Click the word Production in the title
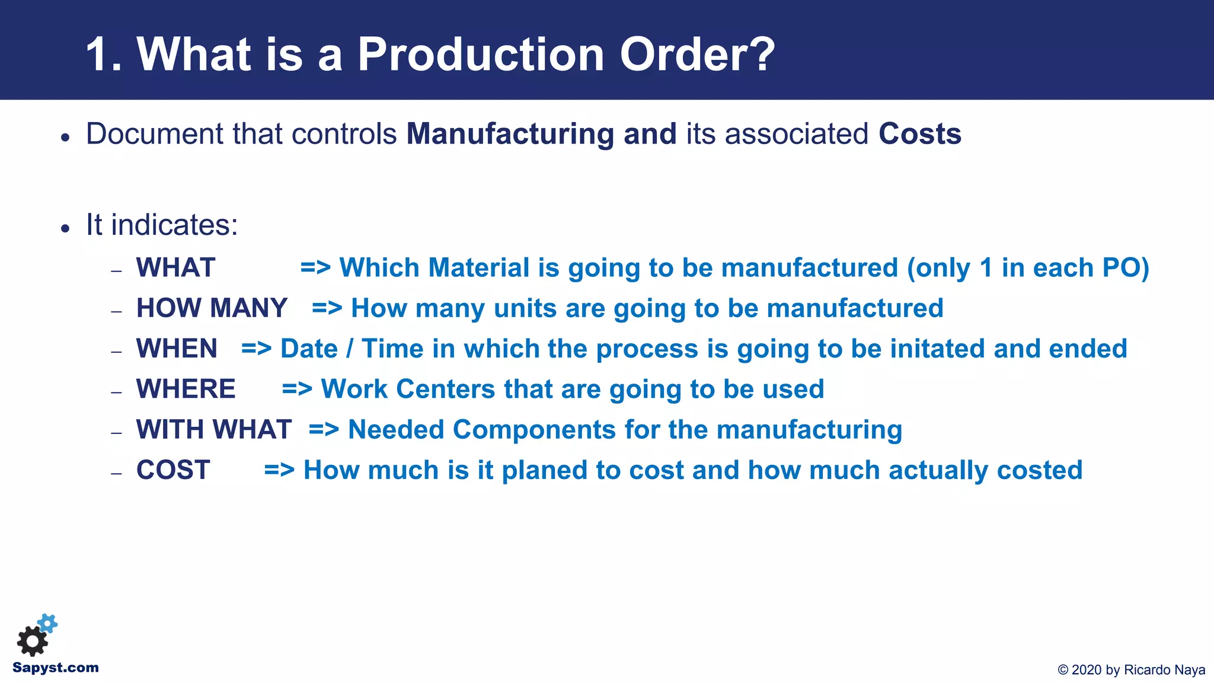(480, 55)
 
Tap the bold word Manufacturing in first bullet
(510, 134)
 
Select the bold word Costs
(919, 134)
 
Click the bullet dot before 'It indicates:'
(65, 228)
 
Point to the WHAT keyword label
(175, 268)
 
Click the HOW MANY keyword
(212, 308)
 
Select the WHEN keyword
(177, 349)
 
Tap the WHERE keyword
(186, 390)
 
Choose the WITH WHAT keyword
(213, 430)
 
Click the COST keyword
(173, 470)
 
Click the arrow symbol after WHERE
(297, 390)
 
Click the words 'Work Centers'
(408, 390)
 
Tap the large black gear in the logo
(32, 641)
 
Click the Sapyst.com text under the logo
(56, 668)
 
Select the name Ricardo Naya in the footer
(1164, 670)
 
